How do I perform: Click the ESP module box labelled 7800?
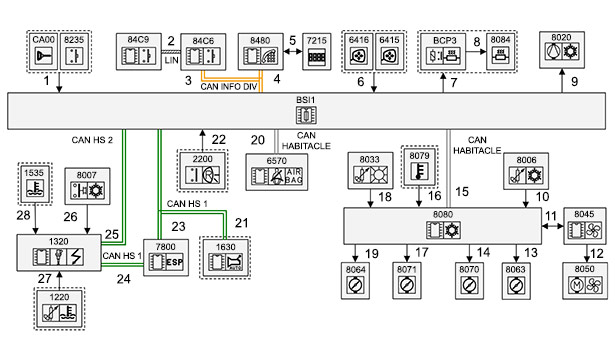(x=166, y=258)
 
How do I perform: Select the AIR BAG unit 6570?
(x=277, y=172)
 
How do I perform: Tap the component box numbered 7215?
(x=317, y=52)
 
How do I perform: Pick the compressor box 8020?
(x=562, y=50)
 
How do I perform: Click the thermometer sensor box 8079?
(x=419, y=167)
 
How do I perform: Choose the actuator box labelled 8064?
(x=355, y=280)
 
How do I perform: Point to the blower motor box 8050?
(x=585, y=281)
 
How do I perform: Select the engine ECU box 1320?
(x=59, y=253)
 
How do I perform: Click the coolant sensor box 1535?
(x=35, y=184)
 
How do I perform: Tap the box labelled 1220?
(x=59, y=309)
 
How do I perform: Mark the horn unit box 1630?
(x=225, y=258)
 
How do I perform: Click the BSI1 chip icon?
(x=306, y=115)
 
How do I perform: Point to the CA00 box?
(x=44, y=51)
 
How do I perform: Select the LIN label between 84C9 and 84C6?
(x=171, y=60)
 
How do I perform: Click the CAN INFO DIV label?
(x=229, y=86)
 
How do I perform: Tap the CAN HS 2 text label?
(x=92, y=140)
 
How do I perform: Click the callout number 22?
(x=219, y=140)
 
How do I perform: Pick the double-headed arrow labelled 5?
(x=293, y=51)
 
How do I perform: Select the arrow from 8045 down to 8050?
(x=587, y=253)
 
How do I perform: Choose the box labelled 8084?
(x=500, y=52)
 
